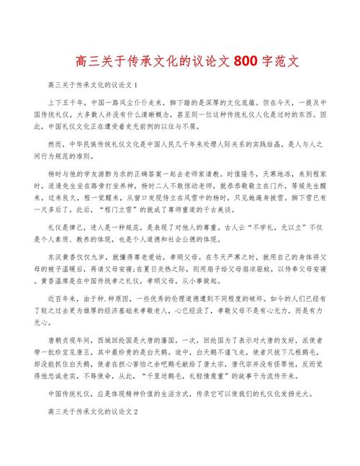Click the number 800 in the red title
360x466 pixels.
pos(246,61)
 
